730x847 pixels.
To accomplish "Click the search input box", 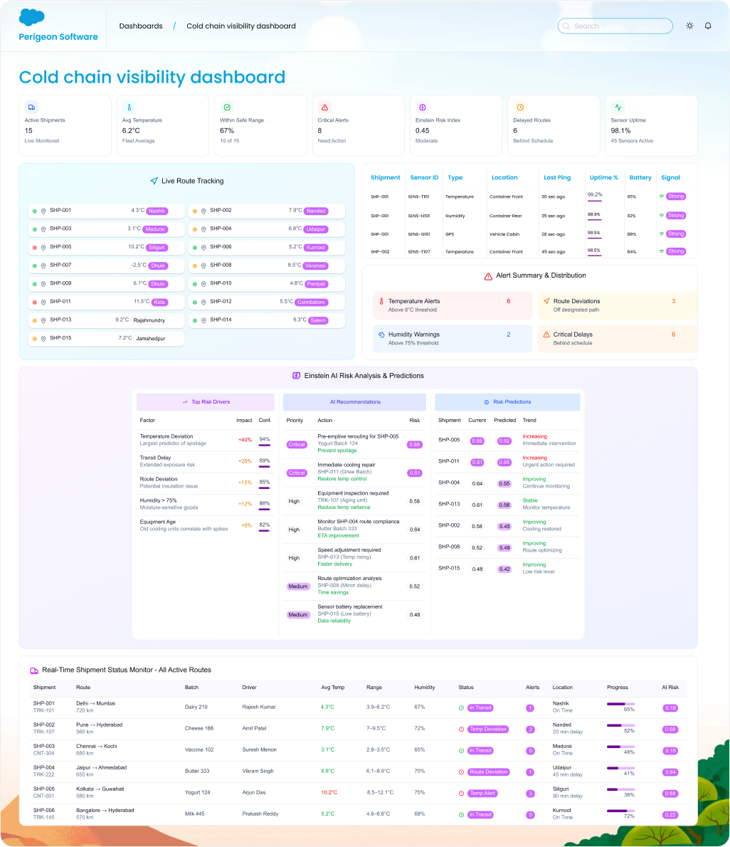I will pos(615,26).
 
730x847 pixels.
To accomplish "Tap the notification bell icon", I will pos(708,26).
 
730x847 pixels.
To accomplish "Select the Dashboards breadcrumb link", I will pos(141,26).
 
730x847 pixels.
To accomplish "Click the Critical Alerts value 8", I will pos(319,130).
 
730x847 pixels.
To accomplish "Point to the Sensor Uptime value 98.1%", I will pos(620,130).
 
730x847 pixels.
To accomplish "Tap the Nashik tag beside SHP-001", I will pos(157,211).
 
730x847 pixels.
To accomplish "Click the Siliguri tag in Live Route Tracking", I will pos(156,247).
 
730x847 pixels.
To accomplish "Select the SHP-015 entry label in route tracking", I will pos(60,338).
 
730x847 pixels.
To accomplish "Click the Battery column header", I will pos(640,177).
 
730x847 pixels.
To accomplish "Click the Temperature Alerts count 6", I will pos(508,301).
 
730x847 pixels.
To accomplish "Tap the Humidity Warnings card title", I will pos(413,335).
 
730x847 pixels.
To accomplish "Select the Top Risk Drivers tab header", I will pos(206,402).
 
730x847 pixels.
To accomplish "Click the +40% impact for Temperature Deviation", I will pos(245,439).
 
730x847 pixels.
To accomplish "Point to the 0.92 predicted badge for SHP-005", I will pos(504,441).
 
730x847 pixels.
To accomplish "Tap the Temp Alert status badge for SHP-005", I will pos(482,793).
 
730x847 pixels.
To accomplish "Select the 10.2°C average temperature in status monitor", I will pos(329,793).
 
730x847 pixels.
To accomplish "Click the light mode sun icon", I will pos(689,26).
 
